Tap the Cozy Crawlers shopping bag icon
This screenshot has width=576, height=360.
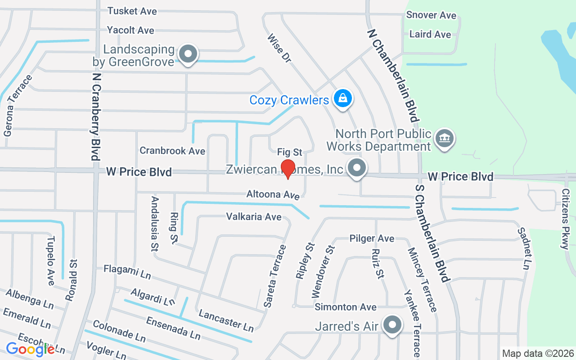pyautogui.click(x=343, y=98)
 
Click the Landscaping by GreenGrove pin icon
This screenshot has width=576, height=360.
pyautogui.click(x=188, y=54)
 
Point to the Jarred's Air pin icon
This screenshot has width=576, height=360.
pyautogui.click(x=392, y=324)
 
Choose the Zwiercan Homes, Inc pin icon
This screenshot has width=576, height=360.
pyautogui.click(x=357, y=169)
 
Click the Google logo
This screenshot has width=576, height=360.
pyautogui.click(x=30, y=349)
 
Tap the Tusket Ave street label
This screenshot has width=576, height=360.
pyautogui.click(x=132, y=11)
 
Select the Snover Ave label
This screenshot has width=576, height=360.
pyautogui.click(x=431, y=15)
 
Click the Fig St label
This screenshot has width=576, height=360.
pyautogui.click(x=290, y=152)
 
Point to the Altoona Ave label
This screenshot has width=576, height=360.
pyautogui.click(x=273, y=195)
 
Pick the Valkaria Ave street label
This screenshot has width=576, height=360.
pyautogui.click(x=254, y=217)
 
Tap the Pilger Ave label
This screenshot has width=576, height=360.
pyautogui.click(x=372, y=238)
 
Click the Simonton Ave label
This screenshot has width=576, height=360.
pyautogui.click(x=346, y=307)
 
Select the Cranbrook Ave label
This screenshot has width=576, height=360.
pyautogui.click(x=172, y=151)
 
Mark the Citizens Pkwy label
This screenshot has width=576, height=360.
pyautogui.click(x=565, y=219)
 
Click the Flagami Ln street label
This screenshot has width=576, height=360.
pyautogui.click(x=127, y=271)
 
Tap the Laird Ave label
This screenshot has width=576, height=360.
pyautogui.click(x=430, y=34)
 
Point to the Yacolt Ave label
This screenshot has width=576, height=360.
pyautogui.click(x=130, y=30)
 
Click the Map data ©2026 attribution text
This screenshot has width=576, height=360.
pyautogui.click(x=538, y=353)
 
